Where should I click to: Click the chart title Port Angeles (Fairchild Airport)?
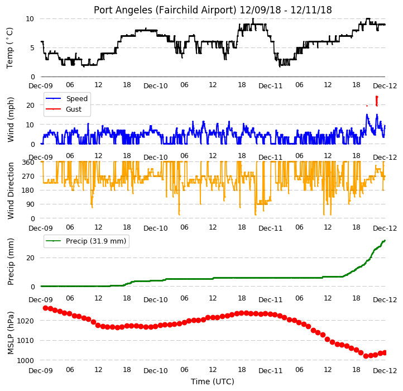click(165, 10)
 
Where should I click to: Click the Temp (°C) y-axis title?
click(9, 48)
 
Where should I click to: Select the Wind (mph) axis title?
click(10, 120)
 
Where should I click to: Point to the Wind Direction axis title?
click(10, 190)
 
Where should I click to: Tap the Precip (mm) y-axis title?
click(10, 261)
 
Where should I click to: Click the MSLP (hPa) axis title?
click(10, 333)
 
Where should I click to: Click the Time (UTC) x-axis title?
click(213, 382)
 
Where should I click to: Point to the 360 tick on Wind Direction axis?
click(28, 163)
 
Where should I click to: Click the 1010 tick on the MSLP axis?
click(26, 341)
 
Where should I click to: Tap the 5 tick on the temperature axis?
click(32, 48)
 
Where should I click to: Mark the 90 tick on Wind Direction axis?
click(30, 204)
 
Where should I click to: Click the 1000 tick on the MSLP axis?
click(26, 361)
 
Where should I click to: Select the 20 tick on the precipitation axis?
click(30, 258)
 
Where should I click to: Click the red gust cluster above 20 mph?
click(377, 101)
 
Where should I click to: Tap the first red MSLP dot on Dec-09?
click(46, 308)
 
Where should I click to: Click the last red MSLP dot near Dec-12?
click(385, 352)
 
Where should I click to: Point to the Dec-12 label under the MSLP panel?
click(385, 371)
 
